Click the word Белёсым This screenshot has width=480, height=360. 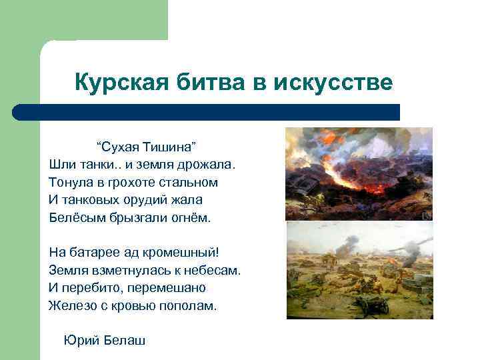pyautogui.click(x=75, y=217)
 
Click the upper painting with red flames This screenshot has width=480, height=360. pyautogui.click(x=359, y=173)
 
